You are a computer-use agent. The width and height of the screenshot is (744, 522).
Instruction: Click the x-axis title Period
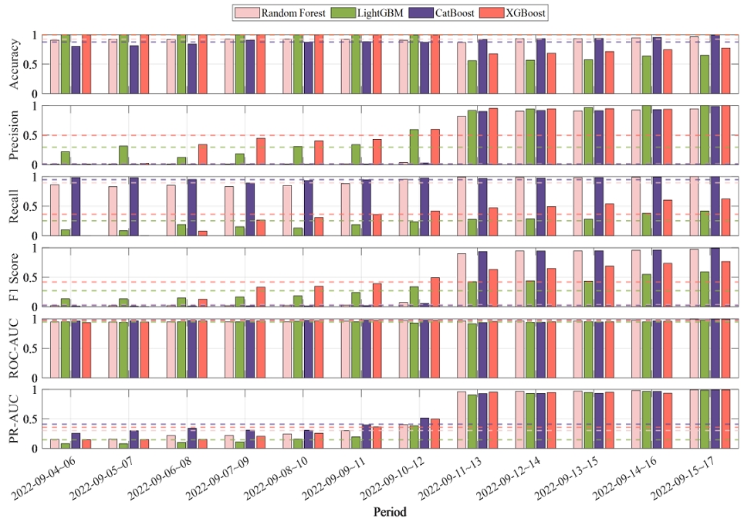pos(391,512)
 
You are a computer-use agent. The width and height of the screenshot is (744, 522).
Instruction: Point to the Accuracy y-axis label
pos(13,65)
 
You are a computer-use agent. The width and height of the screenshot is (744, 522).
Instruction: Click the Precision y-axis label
pos(13,135)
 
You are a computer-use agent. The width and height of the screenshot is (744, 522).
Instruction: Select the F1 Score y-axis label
pos(13,277)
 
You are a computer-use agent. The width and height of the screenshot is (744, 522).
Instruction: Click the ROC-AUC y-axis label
pos(13,348)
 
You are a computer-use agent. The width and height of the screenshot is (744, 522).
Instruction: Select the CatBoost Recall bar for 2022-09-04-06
pos(76,206)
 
